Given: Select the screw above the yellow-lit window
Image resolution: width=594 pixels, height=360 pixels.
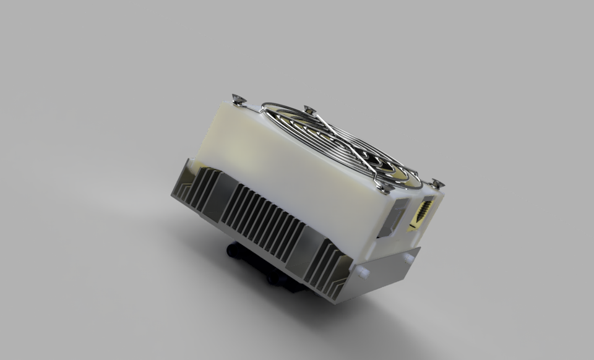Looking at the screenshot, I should [x=437, y=183].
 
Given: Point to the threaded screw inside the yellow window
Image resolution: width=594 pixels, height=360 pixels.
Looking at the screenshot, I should [x=423, y=212].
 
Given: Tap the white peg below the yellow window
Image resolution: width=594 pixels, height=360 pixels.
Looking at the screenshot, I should [x=409, y=259].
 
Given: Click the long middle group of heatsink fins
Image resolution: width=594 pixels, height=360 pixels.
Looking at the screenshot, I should [x=260, y=220].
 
